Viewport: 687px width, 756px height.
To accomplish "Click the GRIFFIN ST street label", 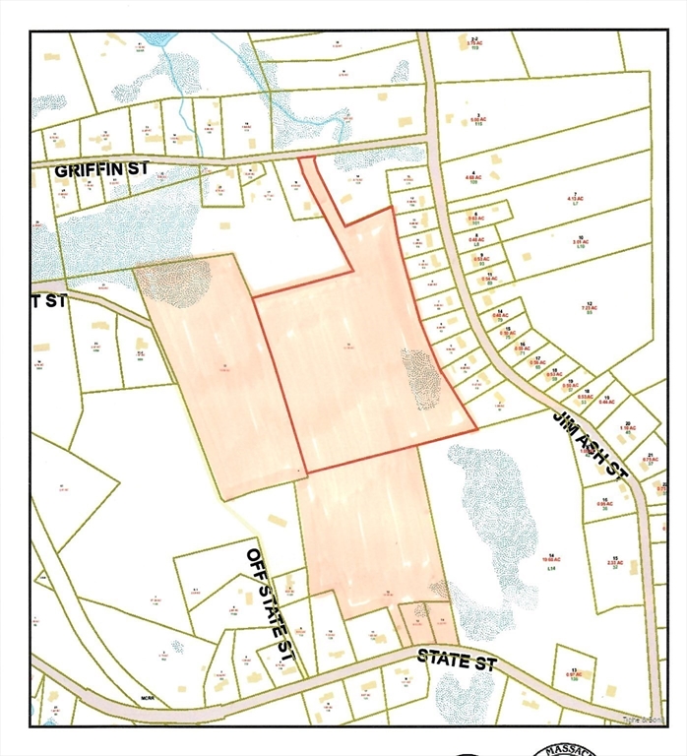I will [101, 169].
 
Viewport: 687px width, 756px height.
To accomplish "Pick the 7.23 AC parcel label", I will [590, 308].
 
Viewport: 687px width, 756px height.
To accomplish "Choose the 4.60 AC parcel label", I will [473, 179].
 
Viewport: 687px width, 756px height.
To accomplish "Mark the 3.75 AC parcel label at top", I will [473, 44].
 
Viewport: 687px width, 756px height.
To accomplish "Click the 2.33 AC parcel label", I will [614, 564].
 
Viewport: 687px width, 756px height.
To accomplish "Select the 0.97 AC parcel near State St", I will [573, 674].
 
